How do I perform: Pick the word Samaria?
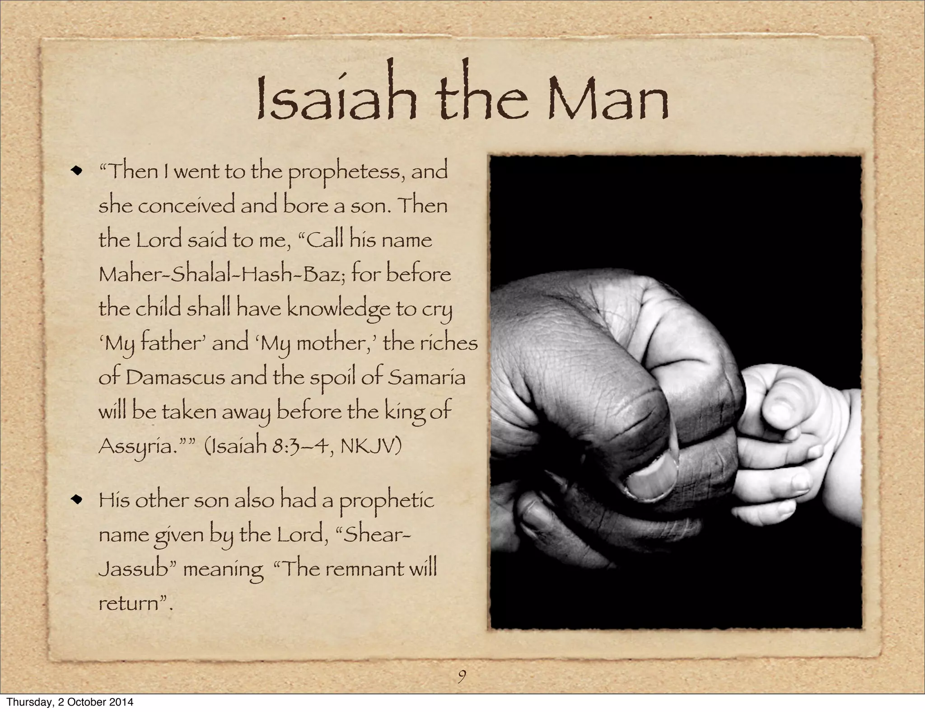point(426,377)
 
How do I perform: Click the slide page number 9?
point(462,676)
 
